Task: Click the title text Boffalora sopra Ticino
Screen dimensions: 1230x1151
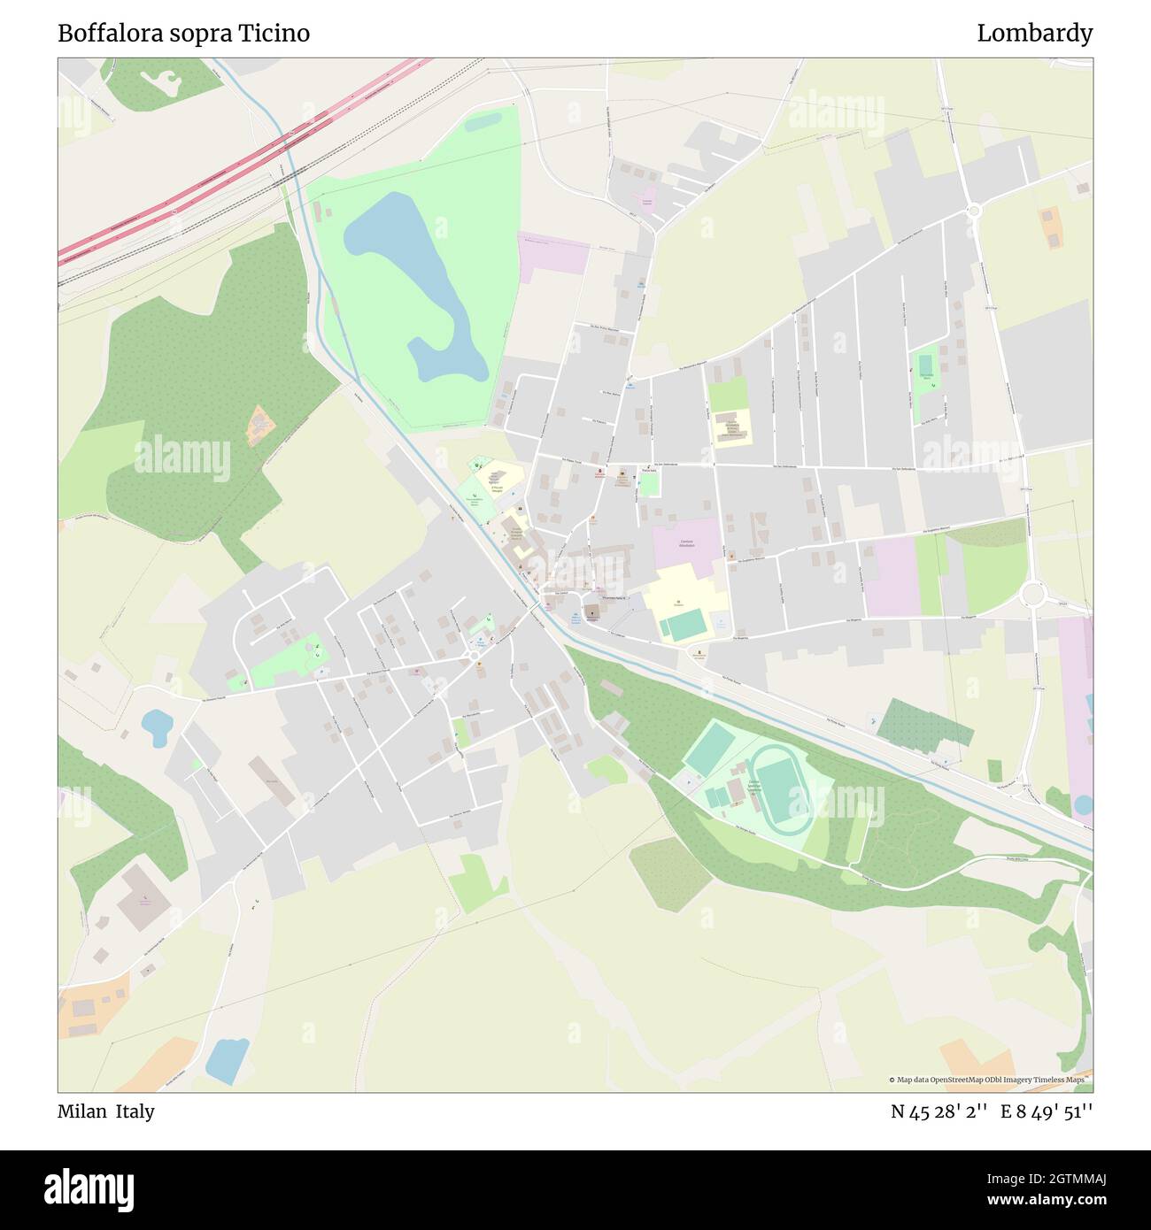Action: [x=183, y=34]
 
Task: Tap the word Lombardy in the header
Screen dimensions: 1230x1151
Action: [x=1034, y=34]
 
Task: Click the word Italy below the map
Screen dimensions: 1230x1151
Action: [x=135, y=1111]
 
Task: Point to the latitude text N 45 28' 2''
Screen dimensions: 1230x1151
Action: [x=940, y=1111]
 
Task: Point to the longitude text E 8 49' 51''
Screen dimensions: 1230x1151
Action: [x=1047, y=1111]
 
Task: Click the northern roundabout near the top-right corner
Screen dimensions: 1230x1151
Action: [x=974, y=211]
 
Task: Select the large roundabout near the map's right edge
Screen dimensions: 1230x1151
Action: [x=1032, y=593]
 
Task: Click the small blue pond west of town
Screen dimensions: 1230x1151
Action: [x=158, y=727]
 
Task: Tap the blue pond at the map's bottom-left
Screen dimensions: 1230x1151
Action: [x=228, y=1060]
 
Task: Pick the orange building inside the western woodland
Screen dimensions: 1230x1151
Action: [x=260, y=427]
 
